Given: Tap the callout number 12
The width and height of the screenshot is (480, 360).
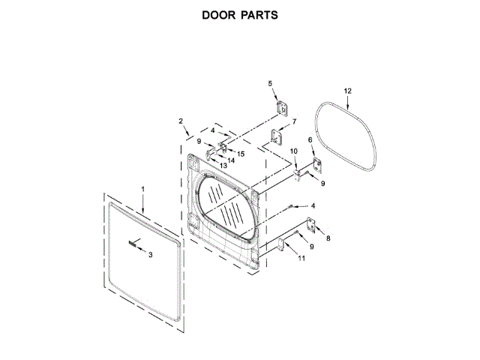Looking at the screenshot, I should pyautogui.click(x=347, y=91).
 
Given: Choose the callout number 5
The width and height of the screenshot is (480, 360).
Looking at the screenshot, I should pyautogui.click(x=271, y=84).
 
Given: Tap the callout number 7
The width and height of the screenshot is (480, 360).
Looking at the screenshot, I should pyautogui.click(x=294, y=121).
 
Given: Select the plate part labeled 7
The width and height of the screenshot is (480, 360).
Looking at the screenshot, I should pyautogui.click(x=277, y=138).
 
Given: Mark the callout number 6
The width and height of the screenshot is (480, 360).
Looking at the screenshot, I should pyautogui.click(x=310, y=141).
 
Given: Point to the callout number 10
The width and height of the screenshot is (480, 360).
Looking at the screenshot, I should pyautogui.click(x=294, y=152).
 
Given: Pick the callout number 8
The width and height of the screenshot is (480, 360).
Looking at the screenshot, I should pyautogui.click(x=327, y=238).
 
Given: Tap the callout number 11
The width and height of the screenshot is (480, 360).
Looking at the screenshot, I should pyautogui.click(x=301, y=259).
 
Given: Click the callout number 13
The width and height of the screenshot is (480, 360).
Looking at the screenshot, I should pyautogui.click(x=223, y=165).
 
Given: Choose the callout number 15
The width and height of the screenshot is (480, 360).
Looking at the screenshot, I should pyautogui.click(x=241, y=153).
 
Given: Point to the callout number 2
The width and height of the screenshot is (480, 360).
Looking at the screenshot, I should pyautogui.click(x=181, y=121).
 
